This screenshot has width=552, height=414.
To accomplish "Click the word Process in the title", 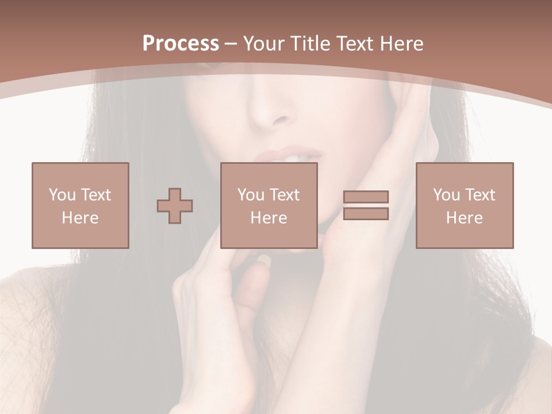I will click(181, 44).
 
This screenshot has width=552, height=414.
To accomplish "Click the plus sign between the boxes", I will click(175, 206).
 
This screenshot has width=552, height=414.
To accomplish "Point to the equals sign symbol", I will click(366, 205).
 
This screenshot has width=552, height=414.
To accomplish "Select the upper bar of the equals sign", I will click(366, 197).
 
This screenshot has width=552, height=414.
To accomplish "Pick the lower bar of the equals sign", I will click(366, 214).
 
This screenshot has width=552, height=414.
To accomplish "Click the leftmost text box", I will click(80, 205).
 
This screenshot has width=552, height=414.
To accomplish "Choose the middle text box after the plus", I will click(269, 205).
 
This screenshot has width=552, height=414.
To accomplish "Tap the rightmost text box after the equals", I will click(464, 205).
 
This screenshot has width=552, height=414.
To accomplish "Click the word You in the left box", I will click(62, 195).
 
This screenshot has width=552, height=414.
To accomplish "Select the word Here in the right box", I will click(464, 218).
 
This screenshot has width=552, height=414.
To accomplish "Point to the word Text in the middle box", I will click(284, 195).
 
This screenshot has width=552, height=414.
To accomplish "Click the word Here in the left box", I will click(80, 218).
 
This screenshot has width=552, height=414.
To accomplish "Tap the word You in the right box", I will click(446, 195).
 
